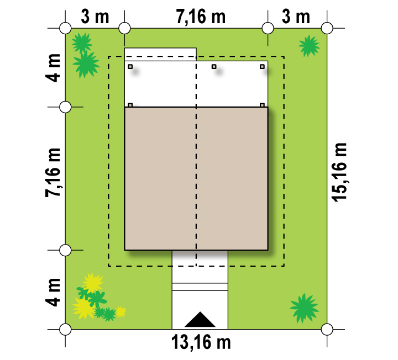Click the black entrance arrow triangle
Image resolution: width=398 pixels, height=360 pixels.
point(200,320)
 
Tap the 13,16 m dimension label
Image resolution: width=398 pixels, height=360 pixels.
point(201,342)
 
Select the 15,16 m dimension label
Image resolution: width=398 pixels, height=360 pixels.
point(339,172)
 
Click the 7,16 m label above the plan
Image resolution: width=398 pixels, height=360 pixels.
point(201,17)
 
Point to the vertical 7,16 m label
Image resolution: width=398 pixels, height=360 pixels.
point(53,172)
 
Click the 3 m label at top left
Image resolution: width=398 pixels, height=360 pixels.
point(95,17)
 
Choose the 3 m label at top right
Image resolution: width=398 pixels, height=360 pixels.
point(296,17)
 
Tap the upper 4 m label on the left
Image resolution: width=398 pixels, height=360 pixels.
point(53,68)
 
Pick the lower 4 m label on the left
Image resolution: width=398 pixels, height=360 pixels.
point(53,292)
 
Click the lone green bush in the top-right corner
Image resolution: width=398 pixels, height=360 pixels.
point(309,46)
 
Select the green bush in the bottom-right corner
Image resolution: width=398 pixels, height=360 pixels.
point(304,308)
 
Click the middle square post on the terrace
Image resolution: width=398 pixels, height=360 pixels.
point(214,67)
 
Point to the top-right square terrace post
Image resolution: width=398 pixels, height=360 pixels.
point(262,67)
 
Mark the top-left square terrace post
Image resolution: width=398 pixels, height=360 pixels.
point(130,67)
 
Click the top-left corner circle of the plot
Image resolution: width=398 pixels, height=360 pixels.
point(65,28)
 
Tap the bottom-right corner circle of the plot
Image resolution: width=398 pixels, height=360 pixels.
point(327,329)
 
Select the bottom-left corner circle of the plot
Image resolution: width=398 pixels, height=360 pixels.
point(65,329)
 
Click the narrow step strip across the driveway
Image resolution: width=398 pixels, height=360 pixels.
point(200,287)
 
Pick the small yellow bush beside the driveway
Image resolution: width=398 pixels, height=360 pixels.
point(121,312)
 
